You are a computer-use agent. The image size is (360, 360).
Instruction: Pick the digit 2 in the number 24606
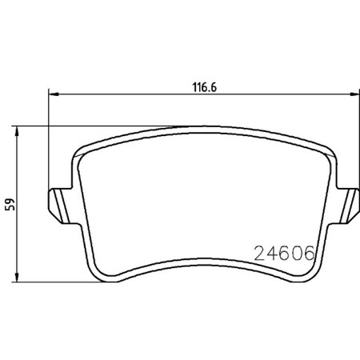259,254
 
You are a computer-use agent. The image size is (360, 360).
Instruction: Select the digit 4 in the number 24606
271,254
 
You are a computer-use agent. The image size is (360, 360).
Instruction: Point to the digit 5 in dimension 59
10,208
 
